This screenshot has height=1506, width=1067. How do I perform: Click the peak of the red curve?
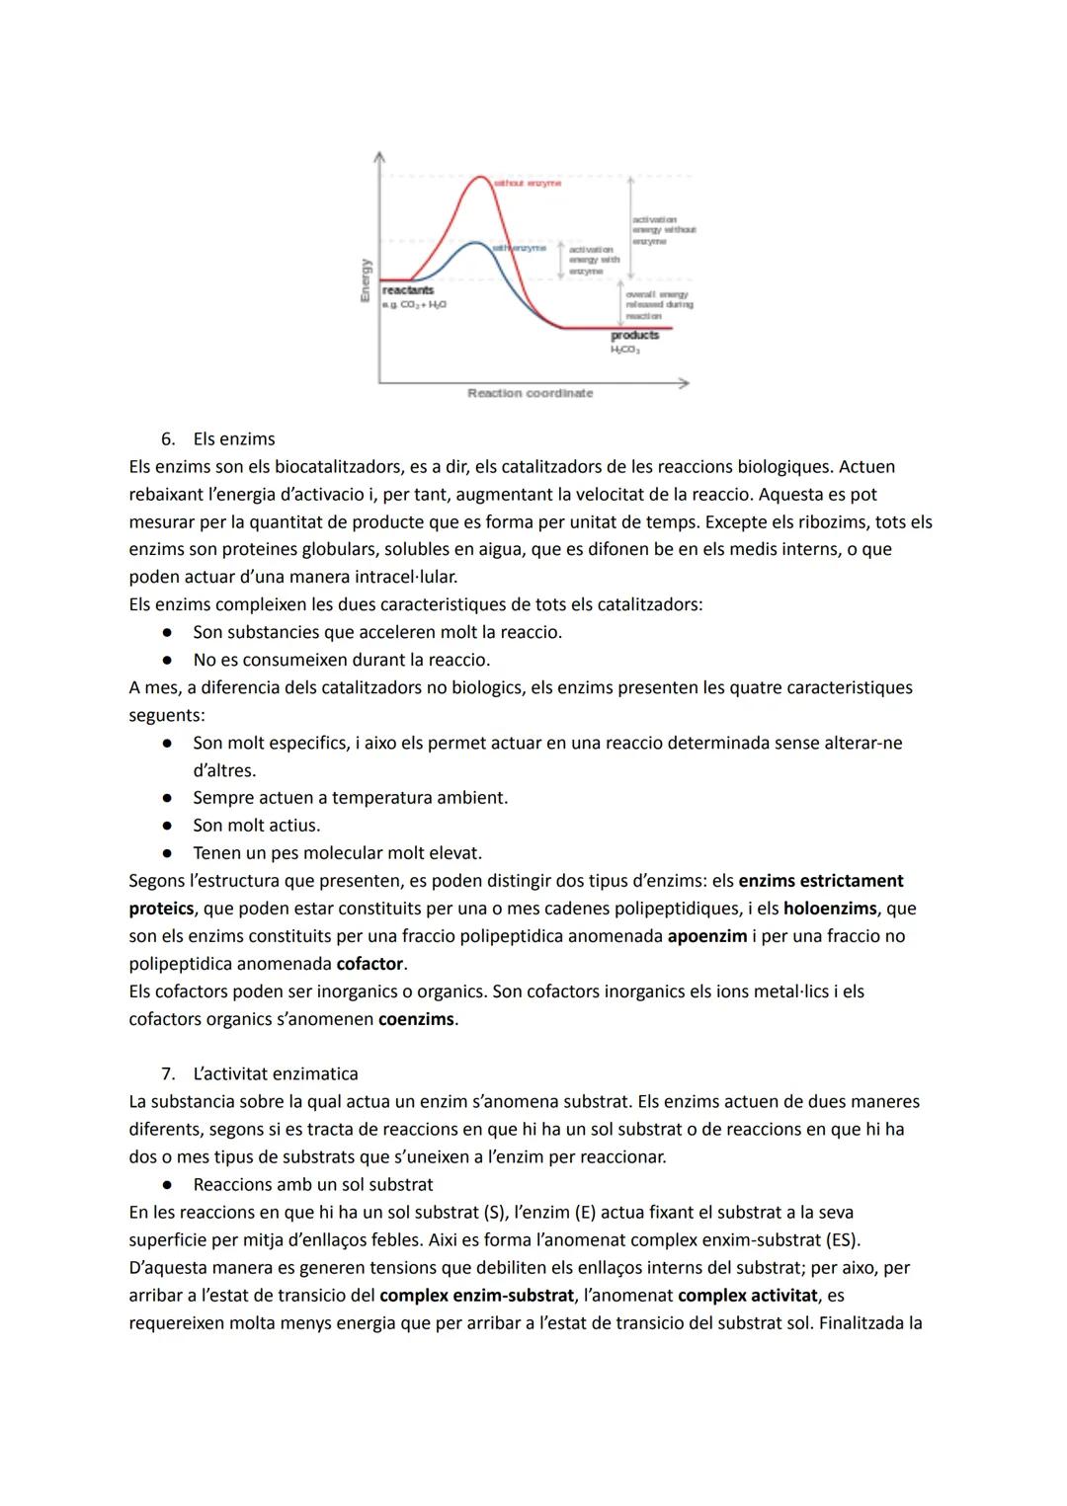[x=480, y=178]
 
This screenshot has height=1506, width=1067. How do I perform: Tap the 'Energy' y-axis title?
[x=366, y=280]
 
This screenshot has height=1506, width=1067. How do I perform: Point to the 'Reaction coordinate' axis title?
[x=531, y=393]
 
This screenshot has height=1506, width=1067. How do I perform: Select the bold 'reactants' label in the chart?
[x=408, y=290]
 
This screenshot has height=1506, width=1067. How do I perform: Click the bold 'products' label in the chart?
[x=634, y=336]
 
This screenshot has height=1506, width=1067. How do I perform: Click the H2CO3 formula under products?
[x=625, y=350]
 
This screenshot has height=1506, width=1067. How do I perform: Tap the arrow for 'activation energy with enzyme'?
[x=561, y=259]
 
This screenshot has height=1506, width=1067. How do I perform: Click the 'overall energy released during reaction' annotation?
[x=659, y=305]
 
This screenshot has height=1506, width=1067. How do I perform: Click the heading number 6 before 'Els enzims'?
[x=168, y=439]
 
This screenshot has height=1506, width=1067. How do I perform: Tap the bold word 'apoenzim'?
[x=707, y=936]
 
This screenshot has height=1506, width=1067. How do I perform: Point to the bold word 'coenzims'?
[x=416, y=1019]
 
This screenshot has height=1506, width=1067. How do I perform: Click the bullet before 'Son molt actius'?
[x=169, y=826]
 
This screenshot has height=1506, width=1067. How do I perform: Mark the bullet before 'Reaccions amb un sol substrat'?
[x=169, y=1185]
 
